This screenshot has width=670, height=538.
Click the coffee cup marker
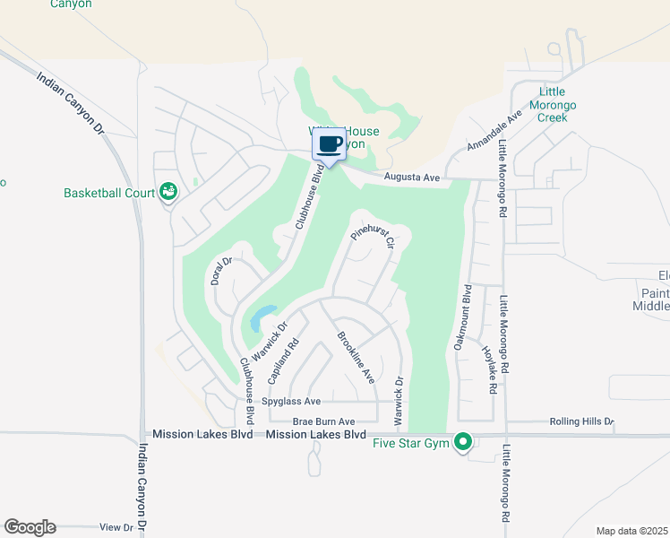pos(329,143)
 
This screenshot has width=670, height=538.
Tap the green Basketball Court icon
pos(167,191)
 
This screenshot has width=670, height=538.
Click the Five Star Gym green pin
pos(463,441)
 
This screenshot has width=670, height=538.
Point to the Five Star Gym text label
pos(412,443)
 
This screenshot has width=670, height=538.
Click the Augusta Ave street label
pos(411,178)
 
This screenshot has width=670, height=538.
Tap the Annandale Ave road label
pos(494,132)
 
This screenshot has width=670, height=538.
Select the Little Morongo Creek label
pos(557,105)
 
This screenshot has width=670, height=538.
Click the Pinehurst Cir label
pos(373,238)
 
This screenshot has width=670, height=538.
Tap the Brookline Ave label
pos(355,358)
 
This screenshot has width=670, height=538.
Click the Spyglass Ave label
pos(293,402)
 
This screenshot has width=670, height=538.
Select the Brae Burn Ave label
pos(323,421)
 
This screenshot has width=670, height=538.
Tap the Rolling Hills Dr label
pos(580,421)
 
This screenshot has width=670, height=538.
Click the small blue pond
pos(262,317)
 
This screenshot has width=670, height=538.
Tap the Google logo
pos(30,527)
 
